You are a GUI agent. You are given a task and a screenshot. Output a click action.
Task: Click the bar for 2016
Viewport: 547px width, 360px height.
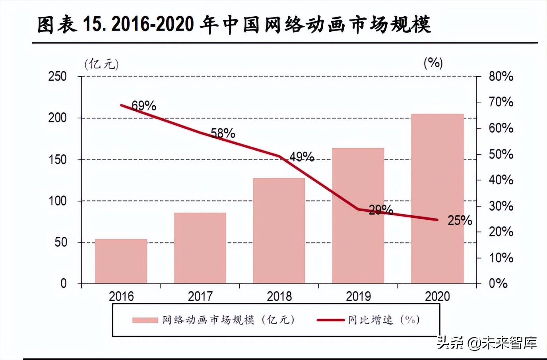point(121,261)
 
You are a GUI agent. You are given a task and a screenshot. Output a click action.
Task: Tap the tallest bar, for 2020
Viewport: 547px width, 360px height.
point(437,199)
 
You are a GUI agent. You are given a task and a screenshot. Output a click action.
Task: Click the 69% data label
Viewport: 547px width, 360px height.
point(144,106)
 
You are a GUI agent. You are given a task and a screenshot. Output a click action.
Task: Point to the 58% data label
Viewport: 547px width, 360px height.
point(223,133)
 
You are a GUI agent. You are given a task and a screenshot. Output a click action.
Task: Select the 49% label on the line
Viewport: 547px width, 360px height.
point(302,157)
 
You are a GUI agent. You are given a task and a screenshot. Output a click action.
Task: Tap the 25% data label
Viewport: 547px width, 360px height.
point(460,221)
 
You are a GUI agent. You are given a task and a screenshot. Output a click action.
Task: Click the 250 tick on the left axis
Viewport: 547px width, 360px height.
point(57,76)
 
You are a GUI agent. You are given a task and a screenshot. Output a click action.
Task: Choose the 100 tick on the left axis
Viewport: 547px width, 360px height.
point(57,201)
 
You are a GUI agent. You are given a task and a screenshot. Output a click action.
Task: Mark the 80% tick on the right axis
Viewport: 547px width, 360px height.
point(501,76)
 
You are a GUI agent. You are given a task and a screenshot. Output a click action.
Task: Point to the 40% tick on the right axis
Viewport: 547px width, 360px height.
point(501,180)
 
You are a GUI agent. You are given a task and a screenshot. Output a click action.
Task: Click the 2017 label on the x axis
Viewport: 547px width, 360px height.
point(200,296)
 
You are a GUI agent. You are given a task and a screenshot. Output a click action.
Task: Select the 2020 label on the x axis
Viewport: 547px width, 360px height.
point(437,296)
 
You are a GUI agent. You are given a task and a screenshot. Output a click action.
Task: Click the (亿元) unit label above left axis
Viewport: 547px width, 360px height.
point(101,64)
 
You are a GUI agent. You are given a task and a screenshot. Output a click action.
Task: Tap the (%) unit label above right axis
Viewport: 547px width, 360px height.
point(433,63)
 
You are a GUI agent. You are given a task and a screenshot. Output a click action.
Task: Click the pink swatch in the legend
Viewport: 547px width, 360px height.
point(145,320)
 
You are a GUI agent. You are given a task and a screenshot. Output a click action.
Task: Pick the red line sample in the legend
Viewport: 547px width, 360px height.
point(330,320)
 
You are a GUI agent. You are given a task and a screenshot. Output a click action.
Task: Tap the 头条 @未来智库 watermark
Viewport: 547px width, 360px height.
point(487,343)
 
